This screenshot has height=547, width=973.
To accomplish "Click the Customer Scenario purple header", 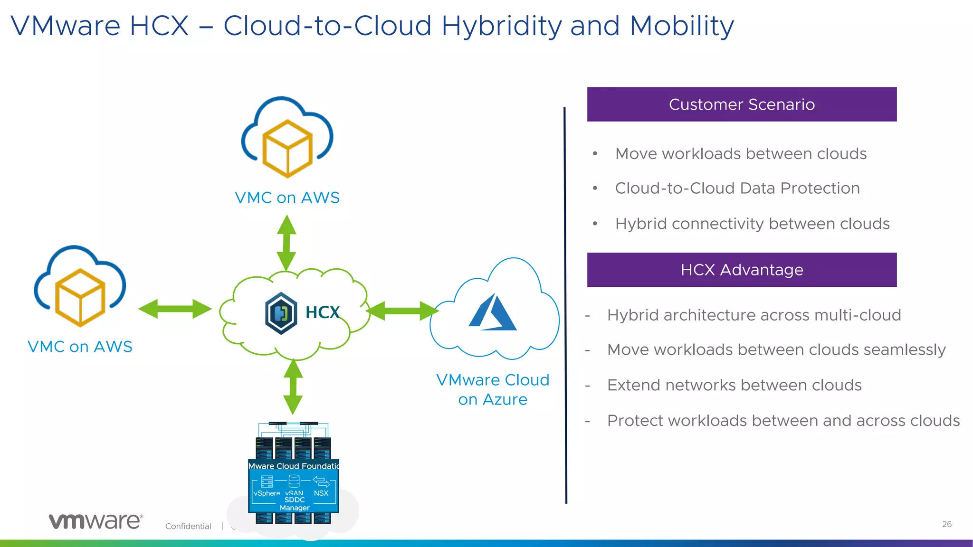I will (742, 104).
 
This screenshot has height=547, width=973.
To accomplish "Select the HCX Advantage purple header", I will (742, 270).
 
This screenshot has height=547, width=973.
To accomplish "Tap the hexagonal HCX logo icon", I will (281, 313).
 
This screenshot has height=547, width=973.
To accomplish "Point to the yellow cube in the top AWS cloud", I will (287, 149).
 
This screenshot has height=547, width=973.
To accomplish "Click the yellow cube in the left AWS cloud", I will (80, 298).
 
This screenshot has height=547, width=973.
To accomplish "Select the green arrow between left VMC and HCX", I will (175, 309).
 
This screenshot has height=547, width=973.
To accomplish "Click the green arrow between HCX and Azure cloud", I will (402, 311).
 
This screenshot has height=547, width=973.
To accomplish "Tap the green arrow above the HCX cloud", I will (286, 243).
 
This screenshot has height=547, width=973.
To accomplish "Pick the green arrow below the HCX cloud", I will (293, 387).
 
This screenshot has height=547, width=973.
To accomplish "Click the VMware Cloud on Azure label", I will (493, 389).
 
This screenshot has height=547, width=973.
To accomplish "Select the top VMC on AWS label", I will (287, 198).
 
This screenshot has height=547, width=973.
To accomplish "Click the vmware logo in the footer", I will (95, 521).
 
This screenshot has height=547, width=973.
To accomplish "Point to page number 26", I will (946, 524).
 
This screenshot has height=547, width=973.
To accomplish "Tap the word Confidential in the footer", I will (188, 526).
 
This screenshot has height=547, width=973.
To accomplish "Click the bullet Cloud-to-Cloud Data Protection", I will (737, 189).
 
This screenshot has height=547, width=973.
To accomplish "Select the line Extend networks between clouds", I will (734, 385).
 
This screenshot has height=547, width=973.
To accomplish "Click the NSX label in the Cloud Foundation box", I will (321, 493).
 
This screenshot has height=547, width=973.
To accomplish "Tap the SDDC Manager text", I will (295, 504).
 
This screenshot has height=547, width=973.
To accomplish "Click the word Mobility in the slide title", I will (682, 26).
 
